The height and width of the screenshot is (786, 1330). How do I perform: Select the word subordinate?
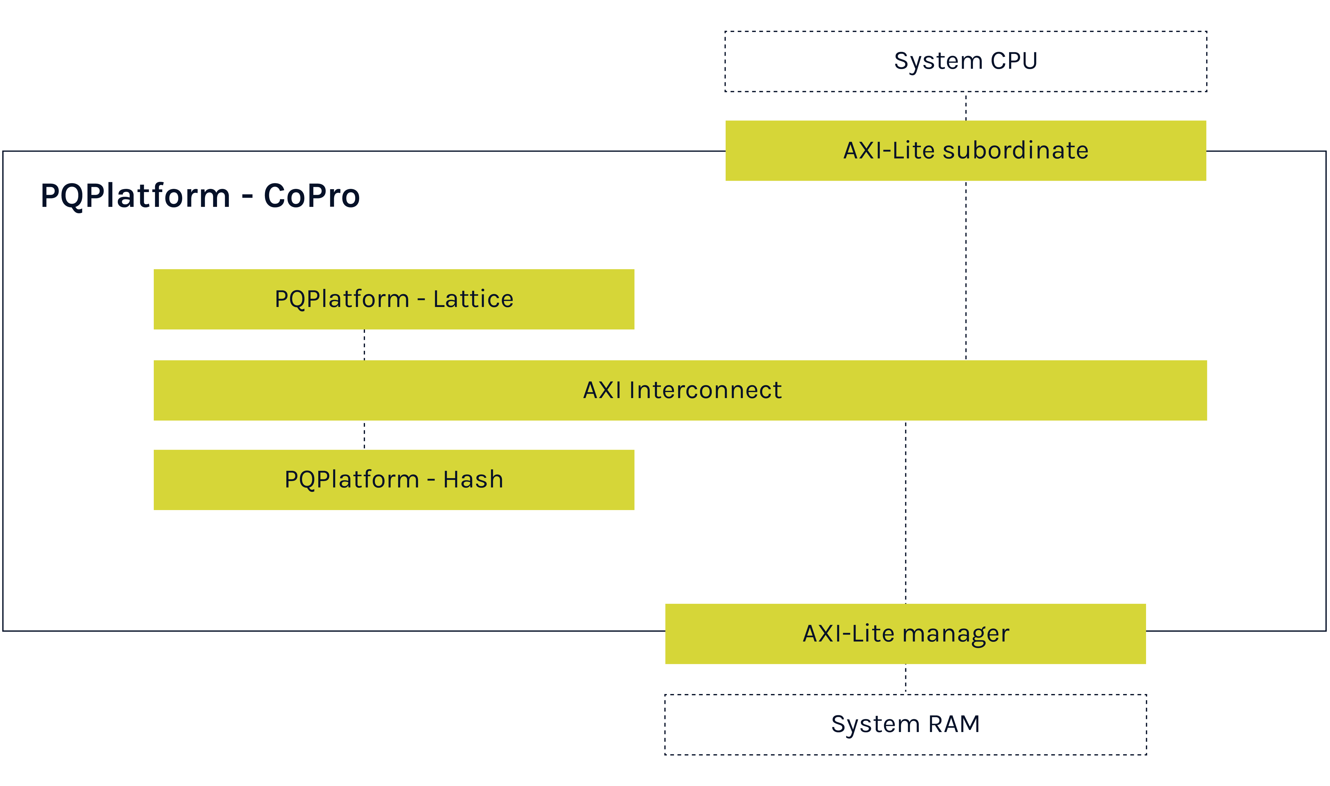[1015, 150]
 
